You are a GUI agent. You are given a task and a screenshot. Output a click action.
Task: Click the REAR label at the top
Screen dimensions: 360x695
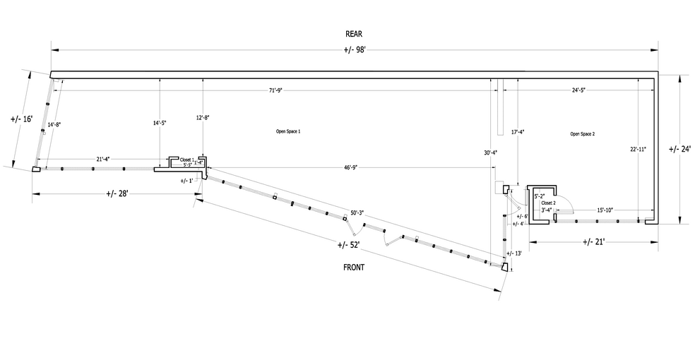354,33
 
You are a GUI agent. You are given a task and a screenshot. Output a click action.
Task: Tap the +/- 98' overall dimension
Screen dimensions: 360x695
354,49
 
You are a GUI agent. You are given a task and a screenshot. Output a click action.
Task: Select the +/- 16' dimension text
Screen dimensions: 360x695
22,119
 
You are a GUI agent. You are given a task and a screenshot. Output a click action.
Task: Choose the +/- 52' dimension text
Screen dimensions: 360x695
348,245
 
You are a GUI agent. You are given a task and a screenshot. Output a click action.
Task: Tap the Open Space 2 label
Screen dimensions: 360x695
582,133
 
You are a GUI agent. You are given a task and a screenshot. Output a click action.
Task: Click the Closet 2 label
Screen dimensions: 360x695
549,203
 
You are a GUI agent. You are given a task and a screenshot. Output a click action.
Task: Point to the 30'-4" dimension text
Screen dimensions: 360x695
490,152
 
